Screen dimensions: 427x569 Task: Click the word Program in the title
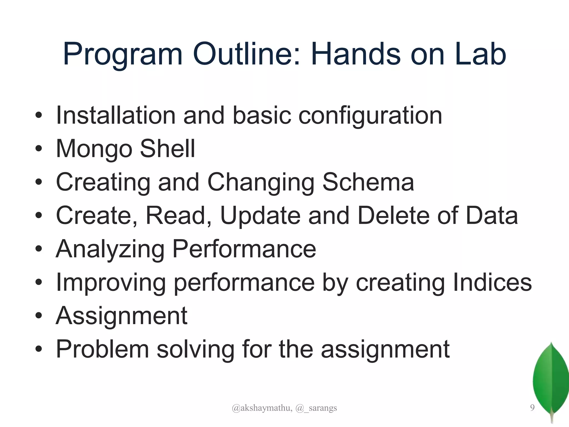click(122, 54)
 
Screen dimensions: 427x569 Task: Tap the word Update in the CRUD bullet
click(260, 216)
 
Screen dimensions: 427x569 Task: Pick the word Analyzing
click(110, 249)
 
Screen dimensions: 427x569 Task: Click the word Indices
click(492, 282)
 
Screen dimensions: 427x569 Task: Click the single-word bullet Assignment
click(121, 316)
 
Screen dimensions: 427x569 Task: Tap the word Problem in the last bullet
click(103, 349)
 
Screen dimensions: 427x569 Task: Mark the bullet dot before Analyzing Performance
click(39, 249)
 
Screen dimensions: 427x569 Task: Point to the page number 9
click(532, 408)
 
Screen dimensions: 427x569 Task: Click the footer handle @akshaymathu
click(262, 408)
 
